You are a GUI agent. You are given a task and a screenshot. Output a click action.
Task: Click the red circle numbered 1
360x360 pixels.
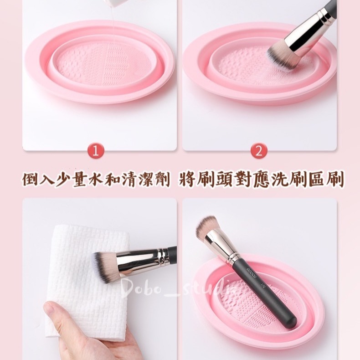click(x=95, y=151)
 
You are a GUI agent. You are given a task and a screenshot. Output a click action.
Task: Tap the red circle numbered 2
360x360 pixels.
click(x=258, y=151)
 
